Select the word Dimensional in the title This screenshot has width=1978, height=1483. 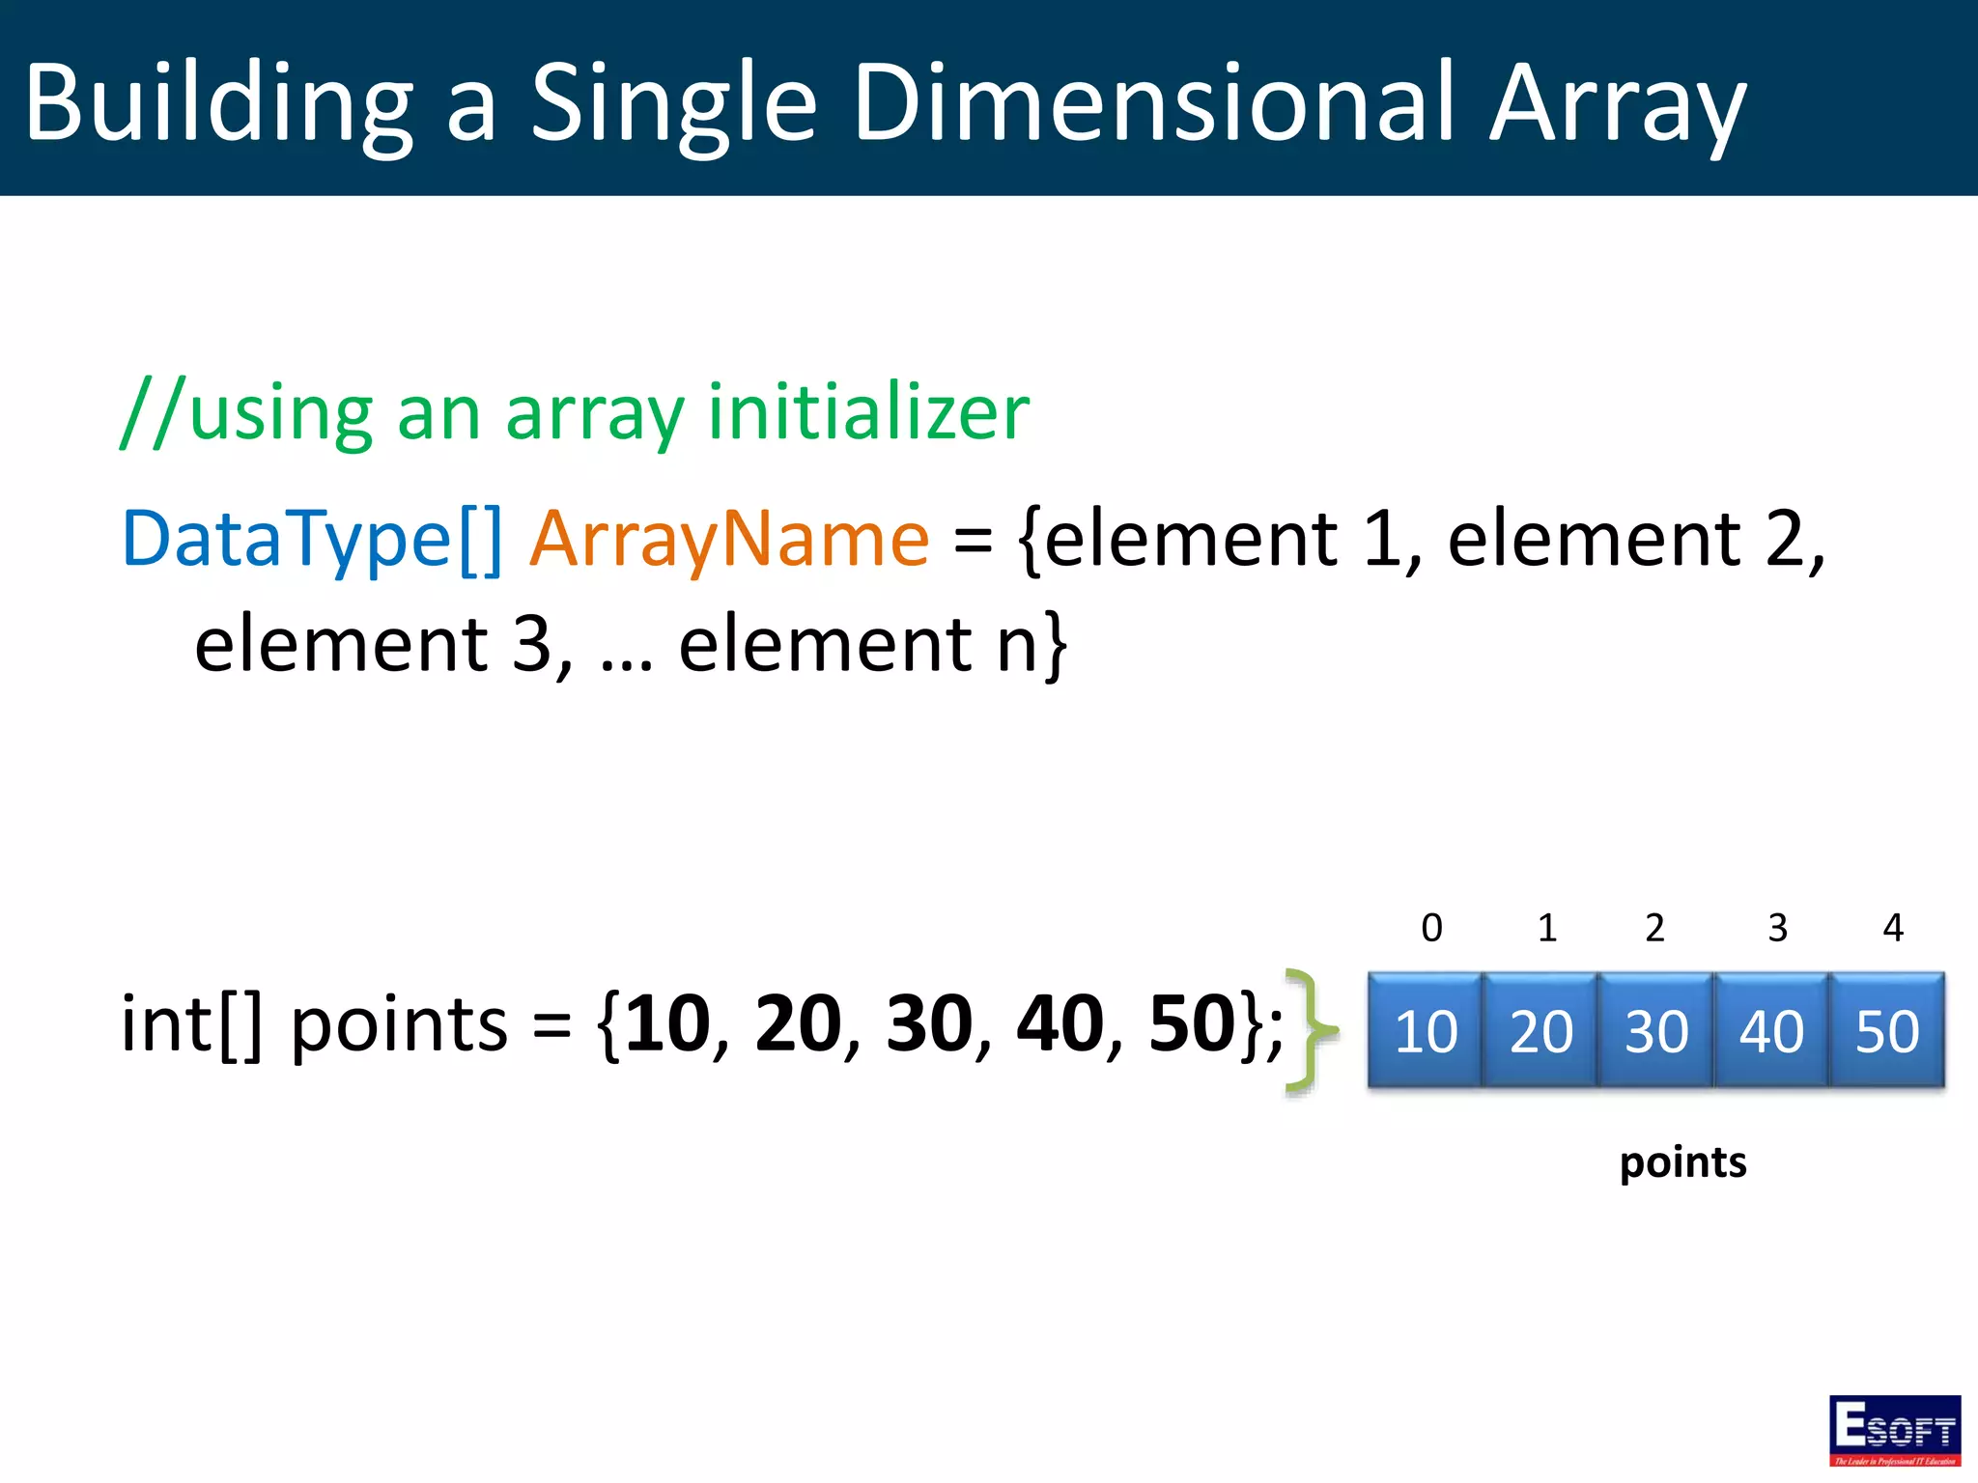point(1154,101)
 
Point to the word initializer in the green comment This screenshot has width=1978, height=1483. point(868,412)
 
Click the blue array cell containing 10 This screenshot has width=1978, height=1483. point(1426,1031)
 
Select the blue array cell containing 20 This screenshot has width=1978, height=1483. point(1540,1031)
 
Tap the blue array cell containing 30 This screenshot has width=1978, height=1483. point(1655,1031)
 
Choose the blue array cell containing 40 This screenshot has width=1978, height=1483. point(1770,1031)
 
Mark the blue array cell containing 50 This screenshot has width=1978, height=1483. point(1886,1031)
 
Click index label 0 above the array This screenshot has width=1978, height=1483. point(1431,928)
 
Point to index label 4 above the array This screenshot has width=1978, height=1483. point(1893,928)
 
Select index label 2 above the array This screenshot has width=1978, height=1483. point(1654,928)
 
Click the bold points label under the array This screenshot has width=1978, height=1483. point(1682,1162)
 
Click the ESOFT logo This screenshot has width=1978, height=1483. point(1894,1430)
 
